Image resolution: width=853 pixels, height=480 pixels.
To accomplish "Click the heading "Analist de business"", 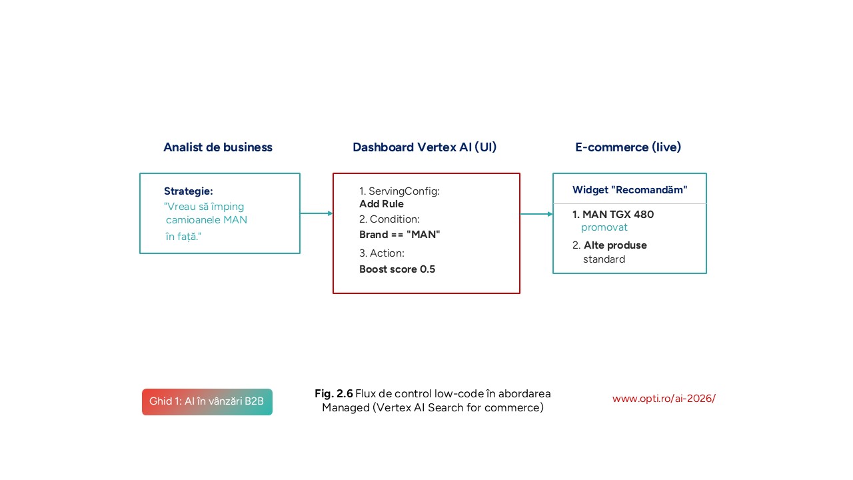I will point(218,147).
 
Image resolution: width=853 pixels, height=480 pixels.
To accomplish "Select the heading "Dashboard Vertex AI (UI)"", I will point(425,147).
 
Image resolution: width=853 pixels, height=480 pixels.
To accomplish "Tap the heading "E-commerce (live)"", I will point(628,147).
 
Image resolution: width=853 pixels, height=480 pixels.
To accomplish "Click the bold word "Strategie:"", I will point(189,191).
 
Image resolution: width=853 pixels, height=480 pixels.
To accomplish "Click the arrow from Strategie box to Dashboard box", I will point(317,213).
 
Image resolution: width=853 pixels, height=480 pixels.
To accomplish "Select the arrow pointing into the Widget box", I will point(536,214).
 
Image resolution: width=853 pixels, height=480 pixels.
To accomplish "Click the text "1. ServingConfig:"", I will point(399,191).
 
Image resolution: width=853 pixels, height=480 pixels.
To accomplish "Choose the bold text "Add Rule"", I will point(381,204).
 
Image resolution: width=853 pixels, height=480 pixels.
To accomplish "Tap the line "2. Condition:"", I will point(389,219).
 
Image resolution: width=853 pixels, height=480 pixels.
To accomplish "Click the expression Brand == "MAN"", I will point(400,235).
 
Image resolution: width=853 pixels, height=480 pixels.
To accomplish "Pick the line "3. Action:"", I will point(382,253).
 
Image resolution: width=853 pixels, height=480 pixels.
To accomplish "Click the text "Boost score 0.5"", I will point(397,269).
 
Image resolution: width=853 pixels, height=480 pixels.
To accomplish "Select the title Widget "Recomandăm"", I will point(630,190).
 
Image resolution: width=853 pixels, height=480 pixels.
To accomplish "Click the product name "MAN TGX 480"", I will point(618,215).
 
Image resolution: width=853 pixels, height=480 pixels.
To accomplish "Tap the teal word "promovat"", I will point(604,227).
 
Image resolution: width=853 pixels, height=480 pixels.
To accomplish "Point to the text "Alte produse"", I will point(615,245).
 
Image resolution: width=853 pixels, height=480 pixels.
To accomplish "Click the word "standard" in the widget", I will point(604,259).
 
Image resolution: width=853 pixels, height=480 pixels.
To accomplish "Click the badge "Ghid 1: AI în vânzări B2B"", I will point(207,401).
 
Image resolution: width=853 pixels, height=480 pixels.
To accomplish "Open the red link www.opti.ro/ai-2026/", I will point(664,399).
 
